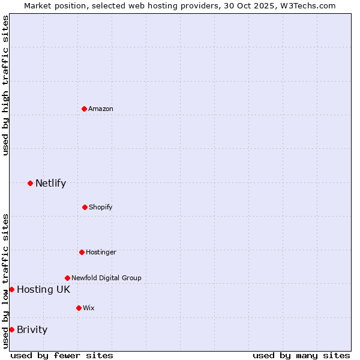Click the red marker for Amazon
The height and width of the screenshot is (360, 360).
point(85,109)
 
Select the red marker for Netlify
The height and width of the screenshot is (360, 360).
point(30,183)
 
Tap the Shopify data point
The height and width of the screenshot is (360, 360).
point(85,207)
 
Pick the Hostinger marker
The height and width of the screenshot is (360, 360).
point(82,252)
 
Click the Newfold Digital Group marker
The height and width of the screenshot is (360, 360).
point(67,278)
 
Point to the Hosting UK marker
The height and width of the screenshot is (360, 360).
point(11,289)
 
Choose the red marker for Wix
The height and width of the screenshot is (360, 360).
point(79,308)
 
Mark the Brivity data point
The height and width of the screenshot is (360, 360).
point(11,329)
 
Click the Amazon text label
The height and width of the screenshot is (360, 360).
point(101,109)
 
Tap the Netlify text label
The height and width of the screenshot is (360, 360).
point(50,183)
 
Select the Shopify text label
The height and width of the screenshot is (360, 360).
point(100,207)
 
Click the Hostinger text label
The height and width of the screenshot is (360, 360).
point(101,252)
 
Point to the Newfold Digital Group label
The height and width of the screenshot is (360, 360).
point(106,278)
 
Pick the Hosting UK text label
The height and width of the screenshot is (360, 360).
point(43,289)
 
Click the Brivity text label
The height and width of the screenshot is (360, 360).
point(32,329)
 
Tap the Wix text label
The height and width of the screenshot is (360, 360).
point(89,308)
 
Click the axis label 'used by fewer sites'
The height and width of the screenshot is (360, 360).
point(62,355)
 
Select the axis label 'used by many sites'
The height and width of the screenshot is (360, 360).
point(301,355)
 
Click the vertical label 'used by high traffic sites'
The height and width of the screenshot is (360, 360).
point(5,85)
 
